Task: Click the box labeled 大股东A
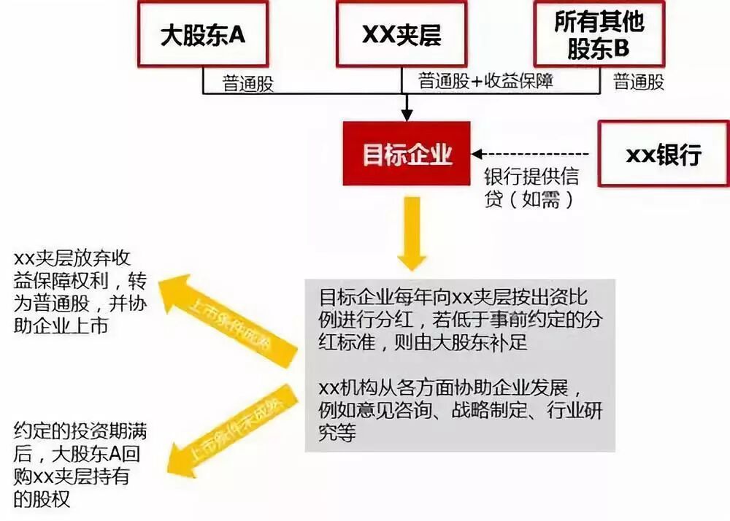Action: pyautogui.click(x=202, y=35)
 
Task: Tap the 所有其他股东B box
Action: pyautogui.click(x=599, y=33)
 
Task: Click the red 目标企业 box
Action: pyautogui.click(x=407, y=155)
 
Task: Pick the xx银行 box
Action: pyautogui.click(x=663, y=154)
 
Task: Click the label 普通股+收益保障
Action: pyautogui.click(x=485, y=81)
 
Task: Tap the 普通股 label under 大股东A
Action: pyautogui.click(x=248, y=83)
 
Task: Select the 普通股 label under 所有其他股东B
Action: pyautogui.click(x=639, y=82)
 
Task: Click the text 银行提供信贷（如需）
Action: pyautogui.click(x=531, y=188)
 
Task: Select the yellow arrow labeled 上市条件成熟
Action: pyautogui.click(x=228, y=317)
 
